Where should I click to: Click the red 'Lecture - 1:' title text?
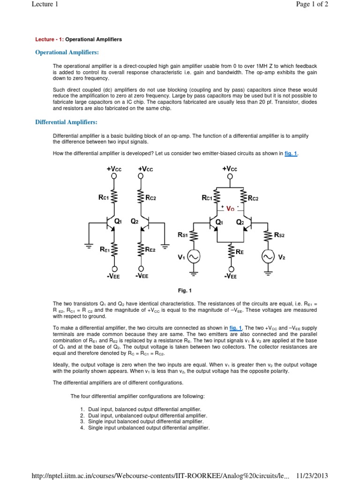tap(49, 39)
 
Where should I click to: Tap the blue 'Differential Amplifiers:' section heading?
tap(67, 122)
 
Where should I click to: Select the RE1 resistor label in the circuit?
tap(105, 250)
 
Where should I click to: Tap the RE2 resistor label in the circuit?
tap(150, 250)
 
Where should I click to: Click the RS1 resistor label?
tap(183, 235)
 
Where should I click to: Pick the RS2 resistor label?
tap(279, 235)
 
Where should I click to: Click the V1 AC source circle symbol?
tap(194, 256)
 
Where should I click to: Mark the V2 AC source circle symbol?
tap(268, 256)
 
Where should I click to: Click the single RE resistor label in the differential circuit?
tap(240, 252)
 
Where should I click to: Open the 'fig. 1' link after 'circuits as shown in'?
tap(291, 153)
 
